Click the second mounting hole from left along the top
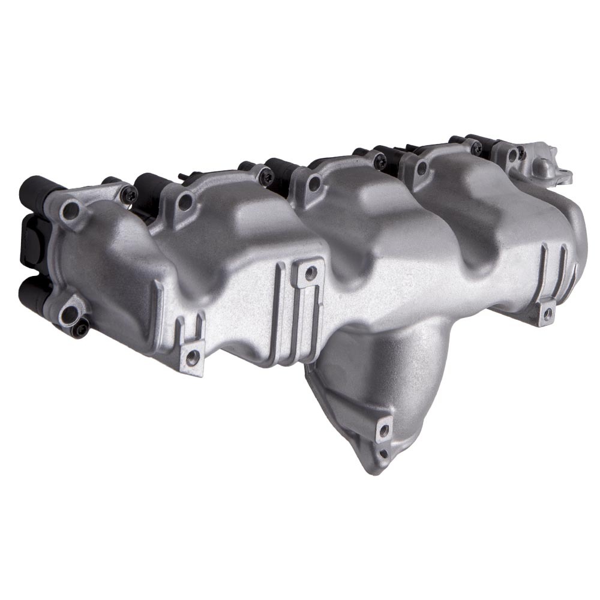[x=185, y=202]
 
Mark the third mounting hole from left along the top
[x=314, y=183]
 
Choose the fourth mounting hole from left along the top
[x=422, y=168]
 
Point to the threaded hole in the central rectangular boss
[x=310, y=274]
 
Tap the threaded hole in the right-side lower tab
[x=547, y=313]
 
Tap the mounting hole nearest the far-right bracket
[x=512, y=155]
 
